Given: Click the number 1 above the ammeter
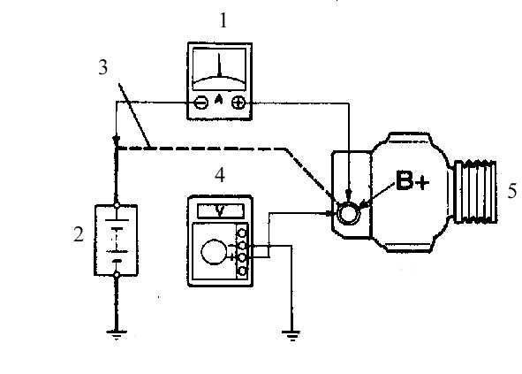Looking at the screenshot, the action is [223, 20].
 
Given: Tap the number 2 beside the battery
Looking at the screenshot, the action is [79, 234].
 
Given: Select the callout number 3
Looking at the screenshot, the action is [103, 67].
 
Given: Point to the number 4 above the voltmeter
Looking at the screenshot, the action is [220, 175].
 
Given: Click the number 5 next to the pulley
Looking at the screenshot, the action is [512, 191].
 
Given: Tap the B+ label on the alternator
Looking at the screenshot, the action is [412, 181].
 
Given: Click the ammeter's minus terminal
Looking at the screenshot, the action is [201, 103].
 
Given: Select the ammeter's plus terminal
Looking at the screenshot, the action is [238, 103].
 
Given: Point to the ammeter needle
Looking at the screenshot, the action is [219, 65].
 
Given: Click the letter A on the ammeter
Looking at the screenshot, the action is [219, 99].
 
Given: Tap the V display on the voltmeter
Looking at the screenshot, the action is [220, 211].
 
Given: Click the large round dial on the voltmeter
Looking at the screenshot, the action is [214, 252].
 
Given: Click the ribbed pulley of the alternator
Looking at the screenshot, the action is [476, 191].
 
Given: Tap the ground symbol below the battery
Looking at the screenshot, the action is [117, 334].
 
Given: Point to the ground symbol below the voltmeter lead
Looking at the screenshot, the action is [291, 335].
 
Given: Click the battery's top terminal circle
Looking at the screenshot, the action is [117, 205].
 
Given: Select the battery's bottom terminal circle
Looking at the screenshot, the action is [117, 275].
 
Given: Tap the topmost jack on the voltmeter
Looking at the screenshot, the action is [242, 233].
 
